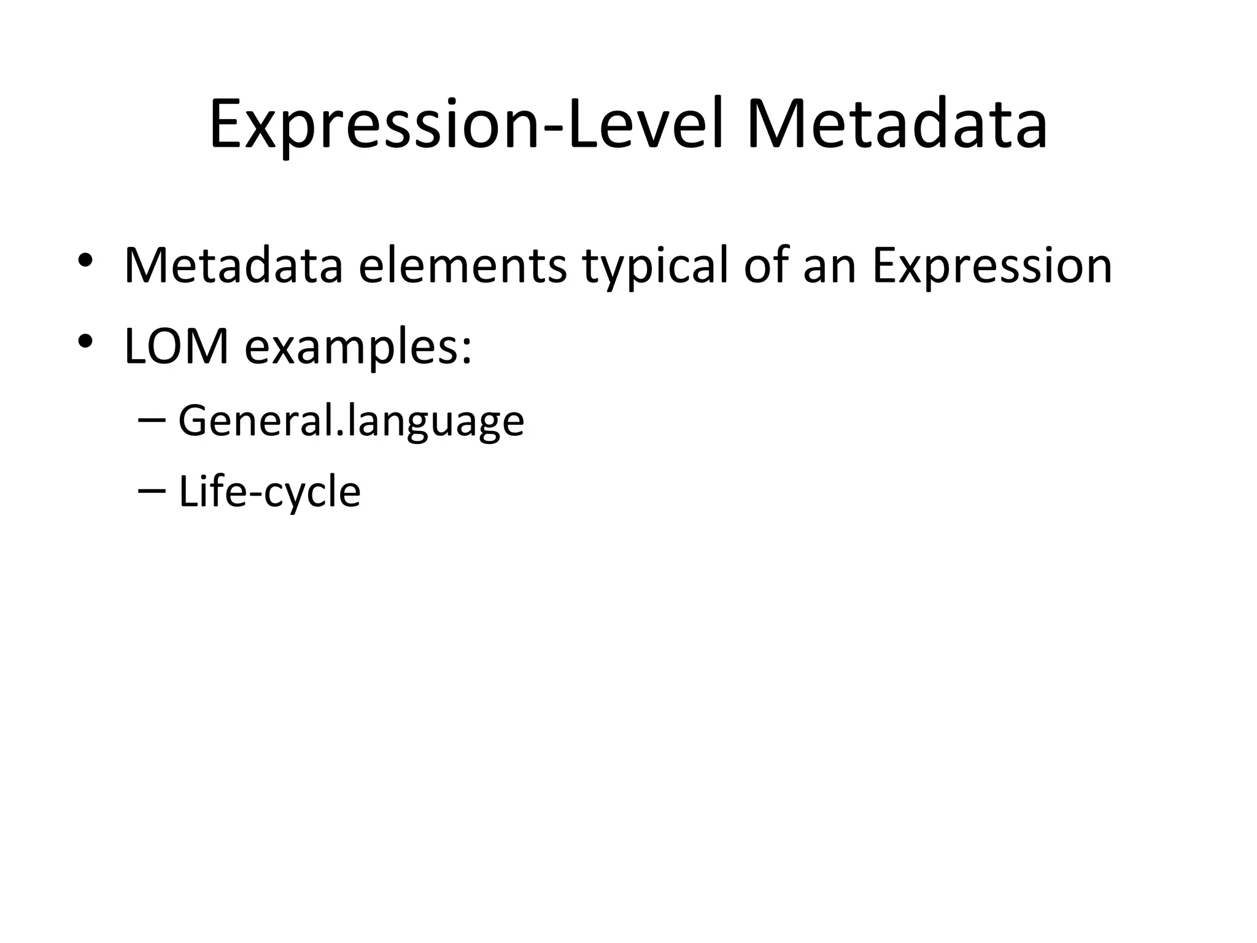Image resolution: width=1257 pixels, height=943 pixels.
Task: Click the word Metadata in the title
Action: (x=897, y=125)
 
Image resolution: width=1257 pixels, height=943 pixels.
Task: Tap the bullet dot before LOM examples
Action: (x=85, y=341)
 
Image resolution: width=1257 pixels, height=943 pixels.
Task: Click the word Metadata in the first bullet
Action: (x=233, y=266)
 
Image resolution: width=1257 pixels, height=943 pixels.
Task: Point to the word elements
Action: (x=462, y=266)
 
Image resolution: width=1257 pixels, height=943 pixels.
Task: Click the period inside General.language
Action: (x=342, y=435)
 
